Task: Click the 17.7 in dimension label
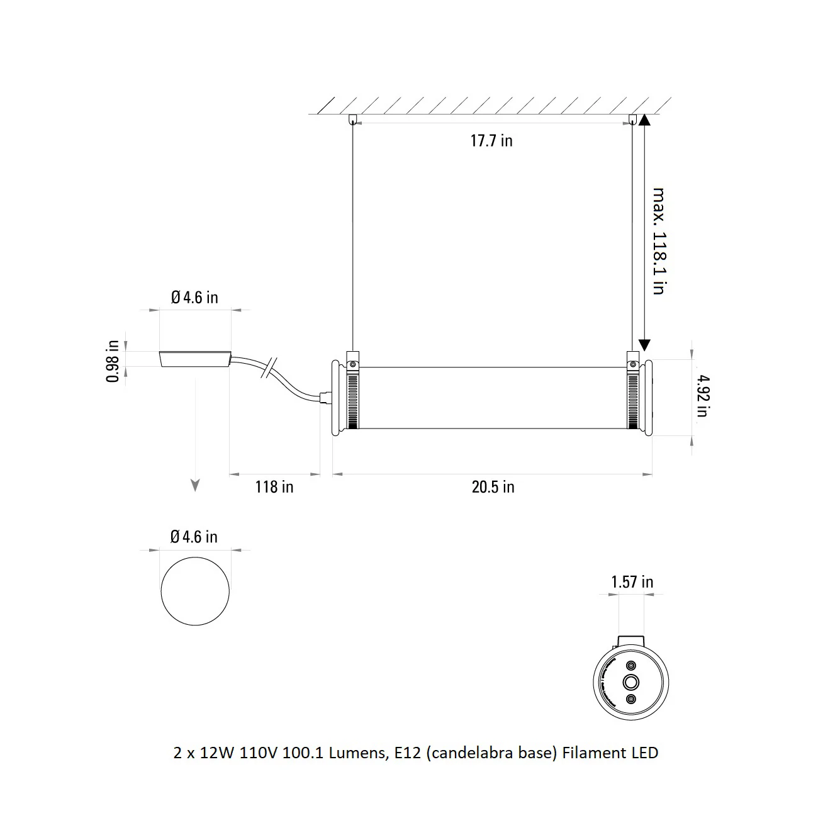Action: coord(491,140)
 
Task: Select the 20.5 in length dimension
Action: coord(493,487)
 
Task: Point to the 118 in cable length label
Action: coord(274,487)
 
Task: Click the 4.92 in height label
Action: coord(703,396)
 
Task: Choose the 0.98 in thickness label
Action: coord(113,361)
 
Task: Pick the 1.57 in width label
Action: coord(632,582)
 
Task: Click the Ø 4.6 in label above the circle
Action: coord(194,537)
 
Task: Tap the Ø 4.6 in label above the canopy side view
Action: coord(195,298)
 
